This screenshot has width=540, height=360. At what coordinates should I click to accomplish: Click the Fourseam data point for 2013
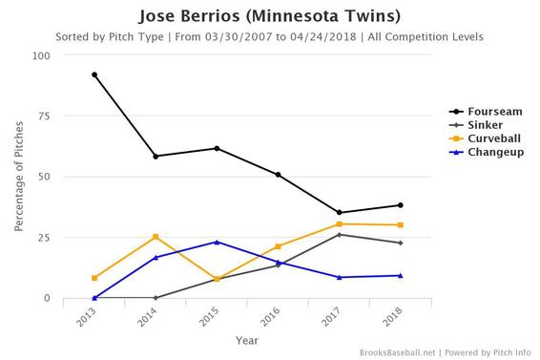coord(94,74)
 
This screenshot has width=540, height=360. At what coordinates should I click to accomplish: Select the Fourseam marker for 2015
coord(217,148)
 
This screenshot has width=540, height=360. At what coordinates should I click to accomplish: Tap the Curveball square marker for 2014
coord(156,237)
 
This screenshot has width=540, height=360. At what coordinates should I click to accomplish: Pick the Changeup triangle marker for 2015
coord(217,242)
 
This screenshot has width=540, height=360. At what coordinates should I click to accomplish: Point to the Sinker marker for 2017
coord(339,235)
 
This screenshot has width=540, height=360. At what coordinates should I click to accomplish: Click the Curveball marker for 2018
coord(400,225)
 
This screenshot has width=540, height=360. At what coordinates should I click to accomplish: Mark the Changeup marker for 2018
coord(400,276)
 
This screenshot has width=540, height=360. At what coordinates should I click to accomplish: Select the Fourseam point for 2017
coord(339,213)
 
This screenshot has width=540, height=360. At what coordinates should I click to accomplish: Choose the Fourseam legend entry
coord(483,111)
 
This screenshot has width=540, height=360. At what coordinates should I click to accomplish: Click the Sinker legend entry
coord(476,124)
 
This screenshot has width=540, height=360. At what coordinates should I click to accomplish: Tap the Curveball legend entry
coord(484,138)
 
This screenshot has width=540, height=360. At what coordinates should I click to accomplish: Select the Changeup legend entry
coord(485,151)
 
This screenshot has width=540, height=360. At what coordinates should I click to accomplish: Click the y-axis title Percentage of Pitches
coord(19,177)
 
